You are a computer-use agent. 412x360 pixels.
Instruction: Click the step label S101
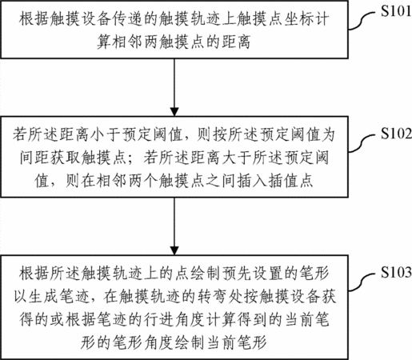coord(396,10)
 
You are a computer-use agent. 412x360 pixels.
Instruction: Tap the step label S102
coord(396,134)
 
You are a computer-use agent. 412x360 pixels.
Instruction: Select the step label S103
coord(396,272)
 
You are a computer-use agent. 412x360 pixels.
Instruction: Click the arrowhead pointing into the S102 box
coord(174,112)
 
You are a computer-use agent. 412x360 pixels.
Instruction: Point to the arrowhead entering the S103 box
coord(174,250)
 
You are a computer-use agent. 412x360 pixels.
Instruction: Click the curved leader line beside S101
coord(362,19)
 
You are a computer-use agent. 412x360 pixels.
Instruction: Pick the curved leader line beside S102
coord(362,142)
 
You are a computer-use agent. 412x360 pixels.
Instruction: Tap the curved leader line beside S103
coord(362,281)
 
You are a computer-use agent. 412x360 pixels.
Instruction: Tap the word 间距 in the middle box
coord(35,158)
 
